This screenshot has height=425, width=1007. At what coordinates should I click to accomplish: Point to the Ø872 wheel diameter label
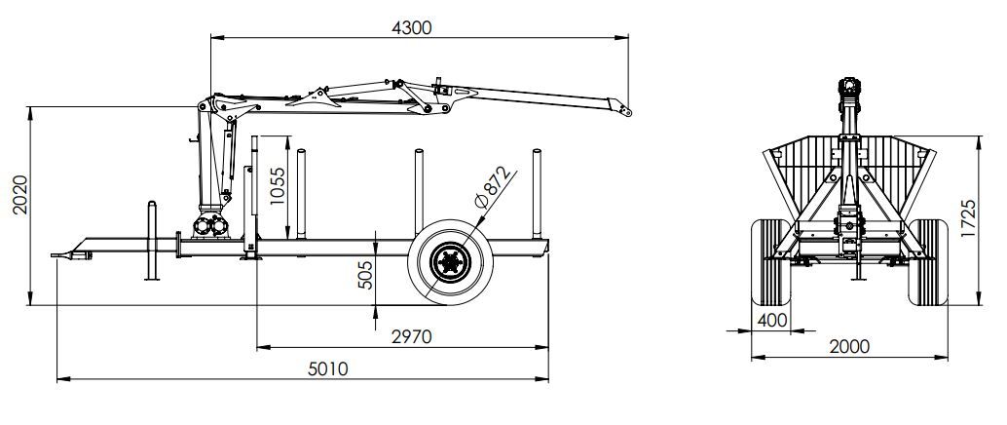[494, 186]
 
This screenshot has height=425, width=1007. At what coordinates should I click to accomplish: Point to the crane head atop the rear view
[850, 93]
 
